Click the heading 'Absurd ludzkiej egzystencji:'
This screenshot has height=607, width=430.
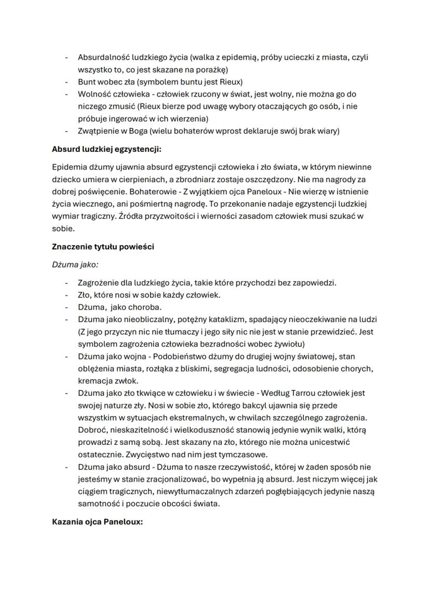point(106,150)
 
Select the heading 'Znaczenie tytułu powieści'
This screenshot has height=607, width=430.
point(103,247)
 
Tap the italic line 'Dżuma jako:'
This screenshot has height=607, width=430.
point(75,264)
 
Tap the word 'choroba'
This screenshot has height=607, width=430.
point(132,306)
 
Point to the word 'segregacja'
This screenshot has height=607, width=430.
point(251,369)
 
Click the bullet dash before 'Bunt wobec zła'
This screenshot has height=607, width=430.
point(66,82)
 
